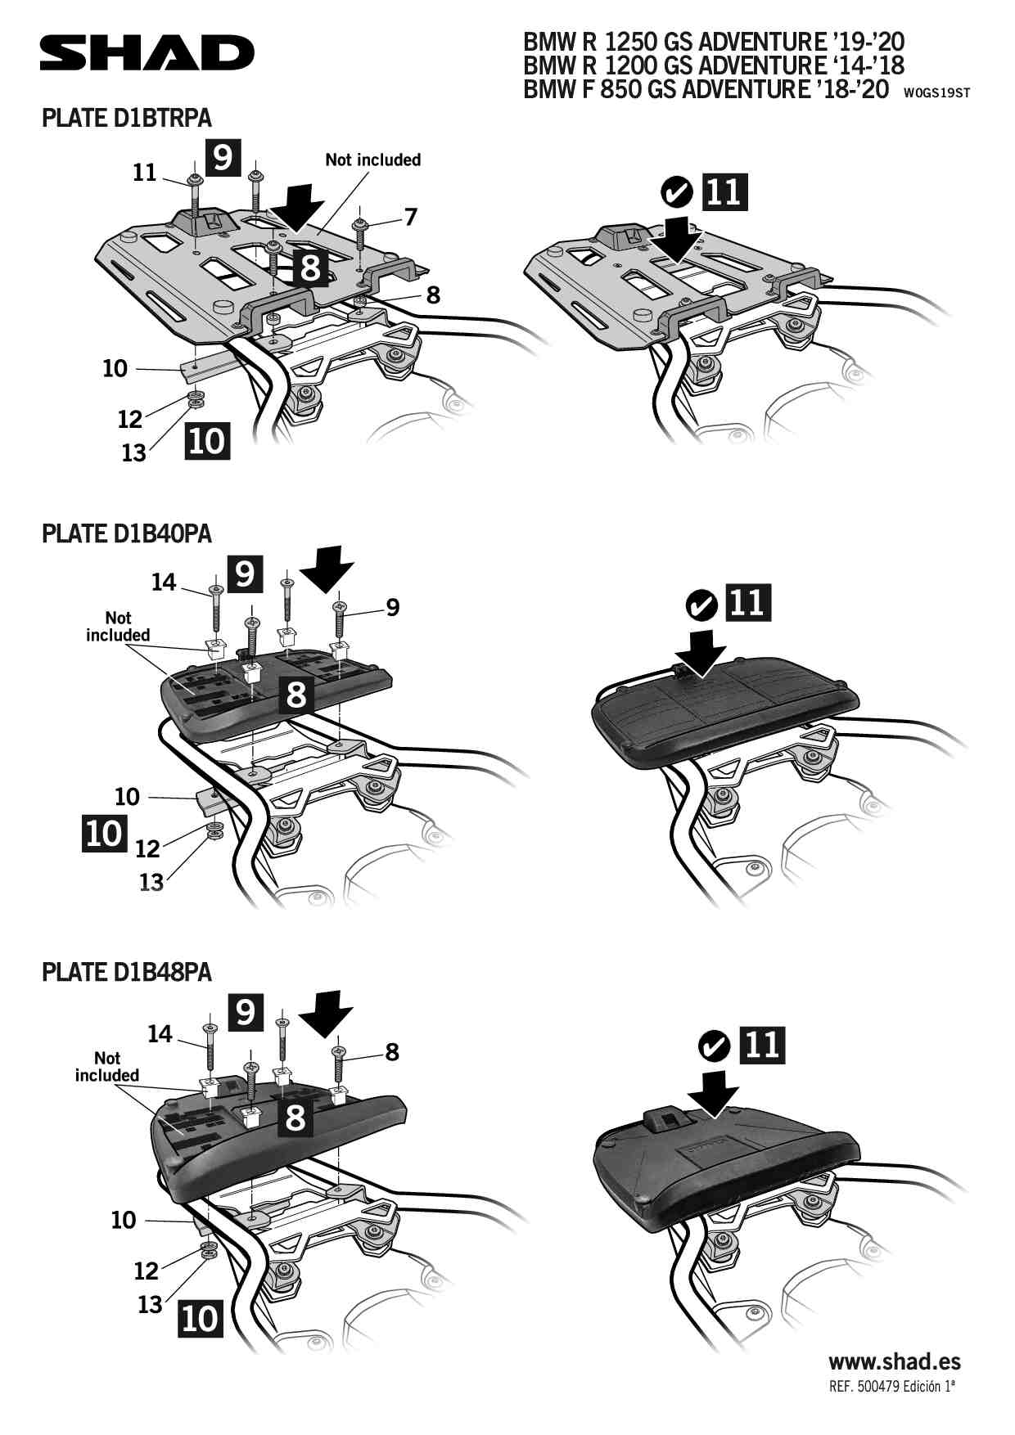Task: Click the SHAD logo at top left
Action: [x=147, y=53]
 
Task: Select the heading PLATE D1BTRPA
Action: [x=127, y=118]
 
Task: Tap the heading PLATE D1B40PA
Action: [x=127, y=533]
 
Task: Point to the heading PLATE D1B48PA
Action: [x=127, y=972]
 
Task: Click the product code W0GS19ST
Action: [x=937, y=92]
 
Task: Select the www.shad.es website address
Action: [x=895, y=1362]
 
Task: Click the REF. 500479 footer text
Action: [x=892, y=1387]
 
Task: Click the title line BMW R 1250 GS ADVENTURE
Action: [x=714, y=41]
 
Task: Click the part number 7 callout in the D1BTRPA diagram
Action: [x=410, y=217]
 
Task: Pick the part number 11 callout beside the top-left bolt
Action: [x=145, y=173]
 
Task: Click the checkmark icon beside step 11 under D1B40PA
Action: [x=701, y=606]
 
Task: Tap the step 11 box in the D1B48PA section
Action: [x=762, y=1045]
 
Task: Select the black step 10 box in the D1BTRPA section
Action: [x=207, y=440]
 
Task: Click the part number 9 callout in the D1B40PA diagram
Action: [x=393, y=608]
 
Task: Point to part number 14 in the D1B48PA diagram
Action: [x=160, y=1034]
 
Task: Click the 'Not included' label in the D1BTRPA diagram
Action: [x=373, y=160]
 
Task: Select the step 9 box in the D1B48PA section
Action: [x=246, y=1012]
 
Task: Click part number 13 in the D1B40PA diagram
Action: [x=151, y=882]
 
